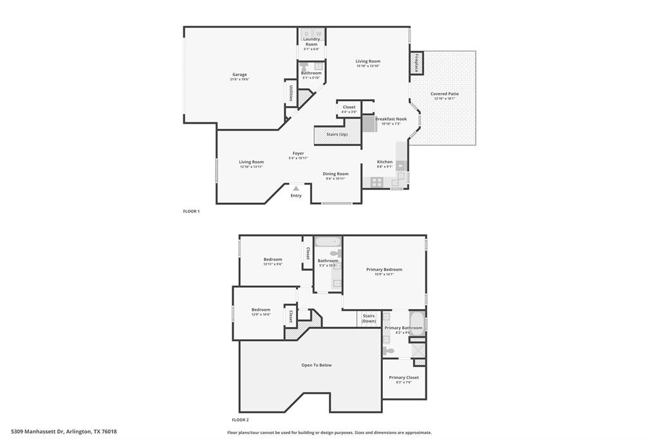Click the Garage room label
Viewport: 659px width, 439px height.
tap(239, 75)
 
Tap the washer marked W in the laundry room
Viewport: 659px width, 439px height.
tap(319, 33)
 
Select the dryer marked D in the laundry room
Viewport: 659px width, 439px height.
tap(306, 33)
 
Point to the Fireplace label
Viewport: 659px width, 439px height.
tap(416, 64)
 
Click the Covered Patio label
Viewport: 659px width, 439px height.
tap(444, 94)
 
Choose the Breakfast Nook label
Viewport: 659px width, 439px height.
tap(391, 119)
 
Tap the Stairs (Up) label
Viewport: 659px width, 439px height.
tap(337, 135)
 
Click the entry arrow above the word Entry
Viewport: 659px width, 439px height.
tap(296, 188)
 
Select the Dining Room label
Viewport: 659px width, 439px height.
tap(335, 174)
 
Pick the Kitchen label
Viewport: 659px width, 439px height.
tap(385, 162)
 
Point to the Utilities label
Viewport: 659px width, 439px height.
tap(292, 93)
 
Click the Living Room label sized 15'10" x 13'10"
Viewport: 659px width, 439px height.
tap(368, 62)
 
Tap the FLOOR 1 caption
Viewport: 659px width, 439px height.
tap(192, 211)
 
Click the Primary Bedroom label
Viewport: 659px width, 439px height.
tap(384, 270)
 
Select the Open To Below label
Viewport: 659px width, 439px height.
tap(317, 365)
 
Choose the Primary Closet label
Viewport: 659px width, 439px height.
tap(404, 378)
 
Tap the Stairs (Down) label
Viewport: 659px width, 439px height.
tap(369, 318)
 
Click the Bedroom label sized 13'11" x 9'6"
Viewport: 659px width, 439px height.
tap(272, 259)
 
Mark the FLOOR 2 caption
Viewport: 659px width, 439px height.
tap(240, 420)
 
